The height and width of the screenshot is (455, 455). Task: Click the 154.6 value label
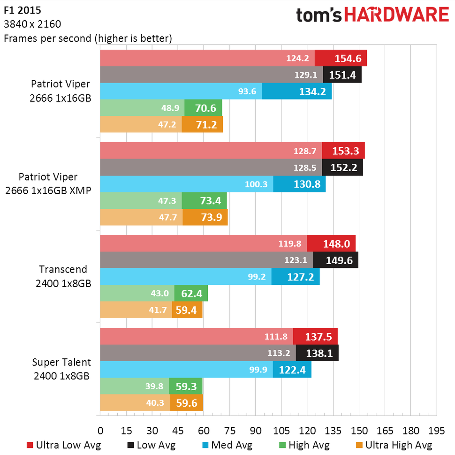(x=348, y=59)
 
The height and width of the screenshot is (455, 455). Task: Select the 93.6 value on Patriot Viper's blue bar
(x=247, y=91)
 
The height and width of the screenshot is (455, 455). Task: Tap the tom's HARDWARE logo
(x=372, y=15)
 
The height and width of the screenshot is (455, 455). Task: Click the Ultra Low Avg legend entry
(x=64, y=445)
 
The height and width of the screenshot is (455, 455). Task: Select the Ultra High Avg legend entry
(x=394, y=445)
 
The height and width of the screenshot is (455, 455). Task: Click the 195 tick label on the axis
(x=436, y=431)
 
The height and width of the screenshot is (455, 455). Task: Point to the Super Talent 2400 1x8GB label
(x=61, y=369)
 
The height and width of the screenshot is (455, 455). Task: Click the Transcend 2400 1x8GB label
(x=63, y=276)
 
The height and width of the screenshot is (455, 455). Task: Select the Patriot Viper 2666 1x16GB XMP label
(x=54, y=184)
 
